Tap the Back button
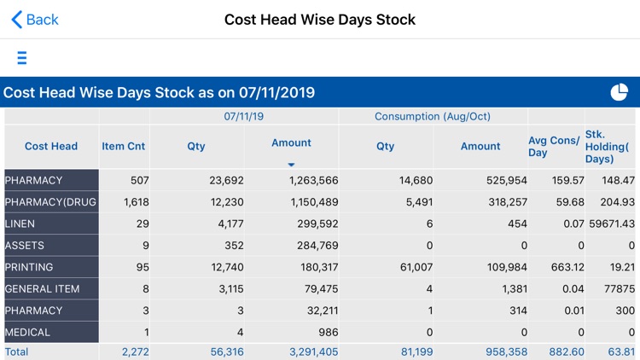click(x=35, y=20)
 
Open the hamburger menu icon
click(x=21, y=58)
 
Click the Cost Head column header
click(x=51, y=146)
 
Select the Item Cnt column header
click(x=124, y=146)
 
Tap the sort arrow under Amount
click(x=291, y=164)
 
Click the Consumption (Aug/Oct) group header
click(x=433, y=116)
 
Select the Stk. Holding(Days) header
click(x=611, y=147)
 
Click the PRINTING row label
click(x=29, y=267)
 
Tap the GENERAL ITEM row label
click(x=42, y=289)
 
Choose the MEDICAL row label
click(x=28, y=333)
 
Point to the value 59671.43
click(x=612, y=224)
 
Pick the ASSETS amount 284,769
click(x=313, y=246)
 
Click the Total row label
click(x=17, y=351)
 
